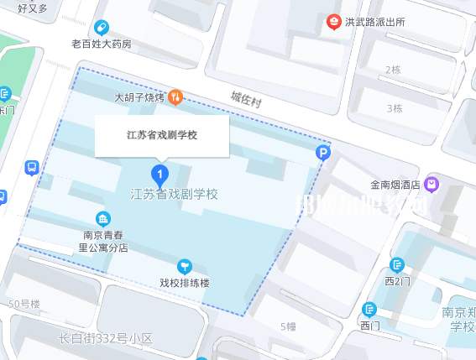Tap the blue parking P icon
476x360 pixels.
click(323, 152)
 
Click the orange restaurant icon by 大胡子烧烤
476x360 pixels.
click(176, 97)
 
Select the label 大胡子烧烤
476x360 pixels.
click(140, 97)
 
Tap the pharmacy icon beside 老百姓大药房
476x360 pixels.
click(102, 27)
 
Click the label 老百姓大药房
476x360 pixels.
click(101, 44)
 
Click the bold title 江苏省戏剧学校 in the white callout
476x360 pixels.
click(161, 134)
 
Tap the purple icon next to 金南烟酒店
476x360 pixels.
click(432, 183)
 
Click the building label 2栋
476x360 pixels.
click(392, 69)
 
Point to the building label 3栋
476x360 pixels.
click(395, 108)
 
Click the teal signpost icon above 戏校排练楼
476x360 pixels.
click(184, 264)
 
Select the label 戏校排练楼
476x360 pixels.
click(184, 282)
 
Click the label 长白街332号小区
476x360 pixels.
click(106, 339)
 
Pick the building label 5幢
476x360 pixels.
click(288, 326)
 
